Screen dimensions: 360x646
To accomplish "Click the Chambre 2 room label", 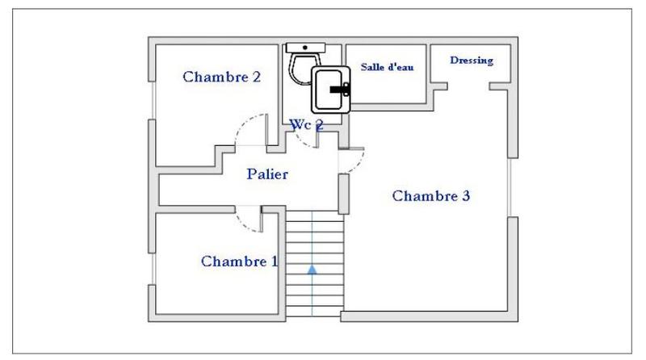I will point(221,77).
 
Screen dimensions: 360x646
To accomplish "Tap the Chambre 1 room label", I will point(239,262).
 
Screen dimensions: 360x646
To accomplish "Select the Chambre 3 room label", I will point(430,195).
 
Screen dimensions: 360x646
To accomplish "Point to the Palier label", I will point(267,174).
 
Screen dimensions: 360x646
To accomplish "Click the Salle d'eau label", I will point(386,68).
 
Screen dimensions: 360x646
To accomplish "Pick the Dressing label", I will point(471,61).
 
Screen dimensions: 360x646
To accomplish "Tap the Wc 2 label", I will point(307,124).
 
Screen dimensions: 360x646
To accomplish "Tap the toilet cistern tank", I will point(304,48).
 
